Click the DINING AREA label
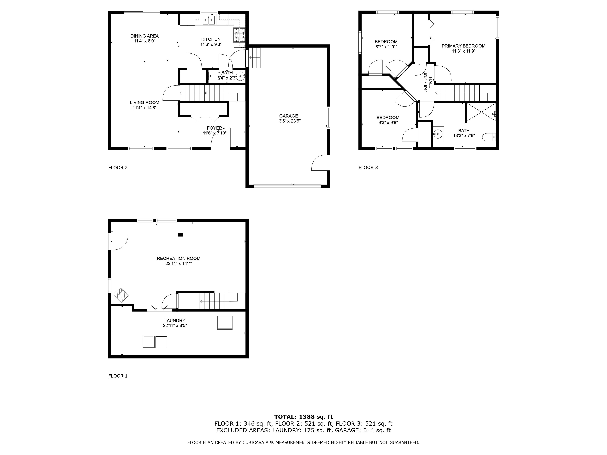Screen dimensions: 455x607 click(144, 36)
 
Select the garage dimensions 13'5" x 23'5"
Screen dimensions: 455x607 click(288, 121)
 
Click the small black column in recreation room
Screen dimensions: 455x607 click(180, 235)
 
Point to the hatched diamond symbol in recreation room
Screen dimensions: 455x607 click(121, 295)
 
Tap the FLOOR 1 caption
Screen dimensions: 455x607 click(118, 376)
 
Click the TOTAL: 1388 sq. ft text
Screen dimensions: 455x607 click(303, 417)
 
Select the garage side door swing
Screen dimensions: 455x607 click(320, 163)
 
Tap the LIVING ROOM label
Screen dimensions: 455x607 click(144, 102)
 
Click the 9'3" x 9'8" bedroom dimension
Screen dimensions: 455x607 click(388, 123)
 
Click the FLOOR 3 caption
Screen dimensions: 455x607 click(368, 168)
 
